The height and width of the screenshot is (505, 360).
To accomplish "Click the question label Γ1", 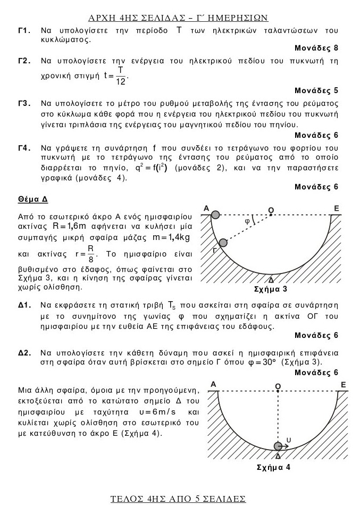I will [23, 31].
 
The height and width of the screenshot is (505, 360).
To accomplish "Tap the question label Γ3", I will [23, 103].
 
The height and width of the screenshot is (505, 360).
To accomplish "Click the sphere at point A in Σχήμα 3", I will [215, 214].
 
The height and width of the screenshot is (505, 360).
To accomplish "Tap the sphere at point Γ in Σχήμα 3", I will [223, 243].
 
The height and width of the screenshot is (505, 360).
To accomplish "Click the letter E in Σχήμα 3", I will [336, 208].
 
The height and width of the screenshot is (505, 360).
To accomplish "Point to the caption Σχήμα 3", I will [272, 290].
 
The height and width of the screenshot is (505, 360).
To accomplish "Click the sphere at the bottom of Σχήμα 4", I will [278, 446].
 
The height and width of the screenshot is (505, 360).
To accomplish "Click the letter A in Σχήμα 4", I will [213, 384].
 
